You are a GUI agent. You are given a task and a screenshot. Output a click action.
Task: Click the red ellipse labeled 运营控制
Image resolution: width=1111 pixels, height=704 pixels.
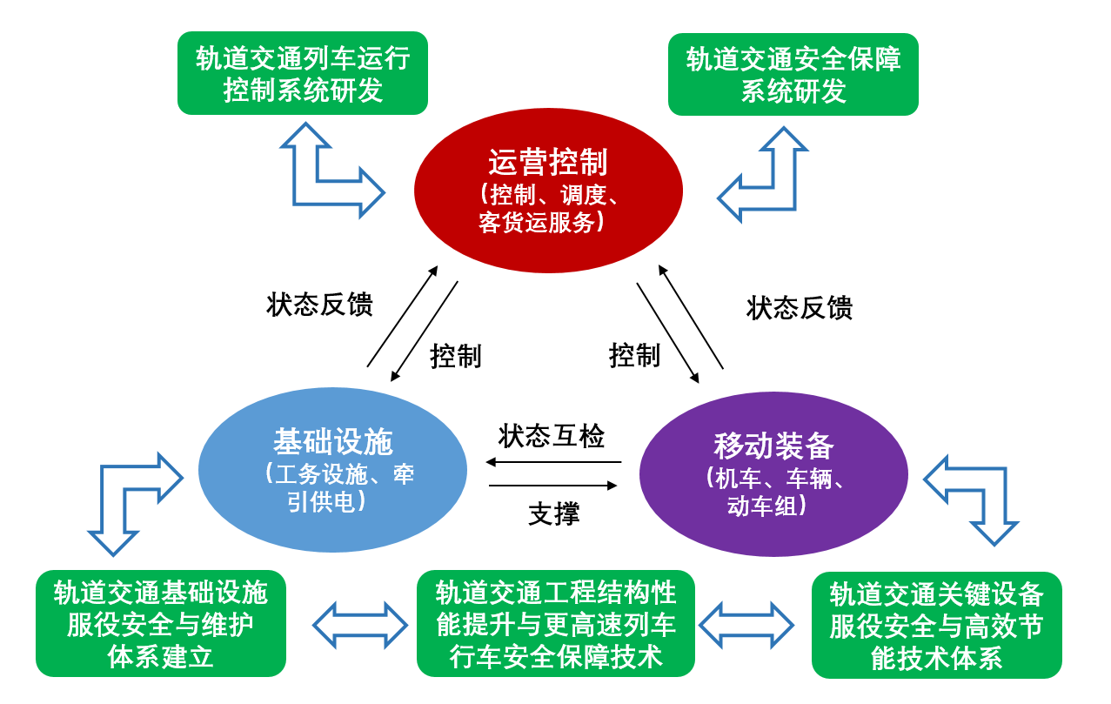point(549,191)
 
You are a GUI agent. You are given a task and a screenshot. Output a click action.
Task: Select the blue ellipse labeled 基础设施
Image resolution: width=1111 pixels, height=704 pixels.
point(332,470)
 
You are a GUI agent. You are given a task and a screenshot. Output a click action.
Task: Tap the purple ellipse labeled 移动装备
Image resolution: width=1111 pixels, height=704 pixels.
point(773,473)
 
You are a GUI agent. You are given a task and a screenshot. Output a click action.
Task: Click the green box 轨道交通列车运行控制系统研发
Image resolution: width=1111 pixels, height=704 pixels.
point(303,73)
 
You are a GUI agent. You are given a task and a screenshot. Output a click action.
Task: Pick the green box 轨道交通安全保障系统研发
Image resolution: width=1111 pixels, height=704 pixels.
point(793,75)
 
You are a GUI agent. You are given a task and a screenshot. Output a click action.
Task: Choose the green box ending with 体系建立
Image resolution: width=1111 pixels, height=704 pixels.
point(161,624)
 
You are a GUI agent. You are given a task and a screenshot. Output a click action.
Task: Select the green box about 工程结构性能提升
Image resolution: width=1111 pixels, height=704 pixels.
point(555,624)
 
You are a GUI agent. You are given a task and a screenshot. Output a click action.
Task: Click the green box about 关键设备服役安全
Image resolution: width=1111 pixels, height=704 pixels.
point(936,625)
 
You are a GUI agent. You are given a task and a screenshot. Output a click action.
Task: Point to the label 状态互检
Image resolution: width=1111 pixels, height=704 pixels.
point(552,437)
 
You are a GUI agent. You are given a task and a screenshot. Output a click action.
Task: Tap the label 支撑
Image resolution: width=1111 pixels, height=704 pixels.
point(554,513)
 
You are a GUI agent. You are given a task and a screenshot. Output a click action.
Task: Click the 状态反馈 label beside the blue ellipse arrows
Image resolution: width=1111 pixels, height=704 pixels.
point(319,304)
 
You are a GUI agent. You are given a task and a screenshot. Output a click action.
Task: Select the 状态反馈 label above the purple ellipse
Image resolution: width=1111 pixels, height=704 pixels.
point(799,307)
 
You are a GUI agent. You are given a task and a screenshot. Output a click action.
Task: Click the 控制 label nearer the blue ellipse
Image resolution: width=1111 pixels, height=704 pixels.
point(455,356)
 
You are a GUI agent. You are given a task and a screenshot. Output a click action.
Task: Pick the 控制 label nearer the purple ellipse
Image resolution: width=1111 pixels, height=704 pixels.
point(634,355)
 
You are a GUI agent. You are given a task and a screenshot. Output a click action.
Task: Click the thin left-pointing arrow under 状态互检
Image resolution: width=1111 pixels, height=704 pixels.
point(553,462)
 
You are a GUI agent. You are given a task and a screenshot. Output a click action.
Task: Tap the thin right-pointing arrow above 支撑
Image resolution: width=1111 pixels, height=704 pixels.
point(553,486)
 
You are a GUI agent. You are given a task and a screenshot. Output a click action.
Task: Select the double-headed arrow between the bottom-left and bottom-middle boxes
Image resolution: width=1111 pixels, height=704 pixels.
point(360,625)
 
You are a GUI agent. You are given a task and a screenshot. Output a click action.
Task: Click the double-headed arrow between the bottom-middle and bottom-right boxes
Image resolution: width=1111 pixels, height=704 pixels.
point(746,625)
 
